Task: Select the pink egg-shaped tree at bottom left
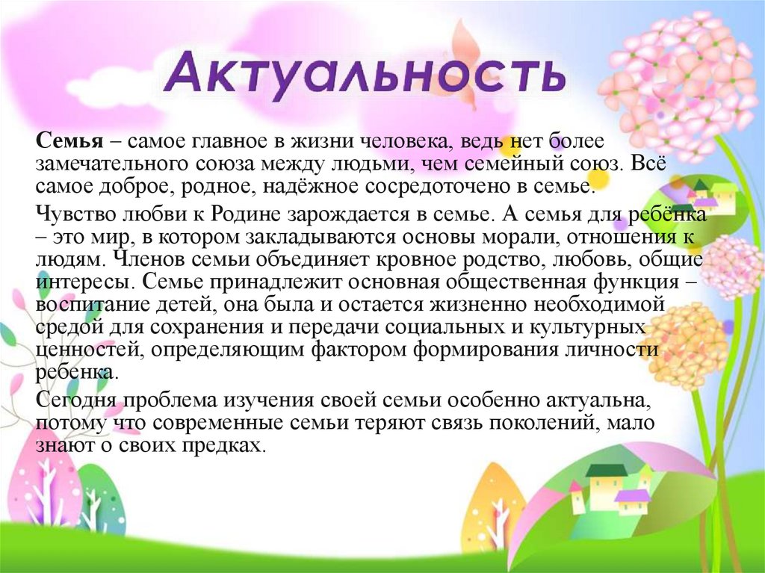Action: [37, 486]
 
